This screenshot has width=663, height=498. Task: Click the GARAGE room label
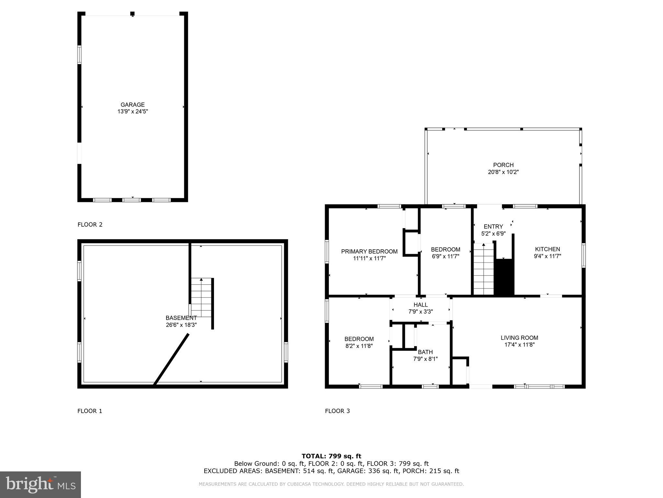coord(132,105)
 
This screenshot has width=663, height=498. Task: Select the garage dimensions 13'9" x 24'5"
coord(132,112)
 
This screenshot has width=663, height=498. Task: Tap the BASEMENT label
coord(181,318)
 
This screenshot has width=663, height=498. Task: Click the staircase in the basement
coord(201,298)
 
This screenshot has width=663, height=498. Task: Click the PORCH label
coord(503,165)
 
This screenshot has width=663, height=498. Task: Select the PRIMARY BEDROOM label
coord(369,252)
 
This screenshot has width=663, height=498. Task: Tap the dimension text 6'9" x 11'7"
coord(445,256)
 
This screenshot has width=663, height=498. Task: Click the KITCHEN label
coord(547,249)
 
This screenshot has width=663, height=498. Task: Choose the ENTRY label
coord(493,227)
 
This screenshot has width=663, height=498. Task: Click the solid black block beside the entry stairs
coord(504,277)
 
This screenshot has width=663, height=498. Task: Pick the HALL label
coord(421,305)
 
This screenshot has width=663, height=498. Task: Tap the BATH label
coord(425,352)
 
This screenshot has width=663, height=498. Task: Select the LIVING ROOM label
coord(519,338)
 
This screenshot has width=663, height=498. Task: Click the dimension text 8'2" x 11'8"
coord(359,346)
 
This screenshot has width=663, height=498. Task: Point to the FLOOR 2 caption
coord(90,225)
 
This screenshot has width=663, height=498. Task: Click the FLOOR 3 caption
coord(337,411)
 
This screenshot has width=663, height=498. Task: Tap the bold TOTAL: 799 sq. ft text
coord(331,456)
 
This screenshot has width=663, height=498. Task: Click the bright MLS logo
coord(40,484)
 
